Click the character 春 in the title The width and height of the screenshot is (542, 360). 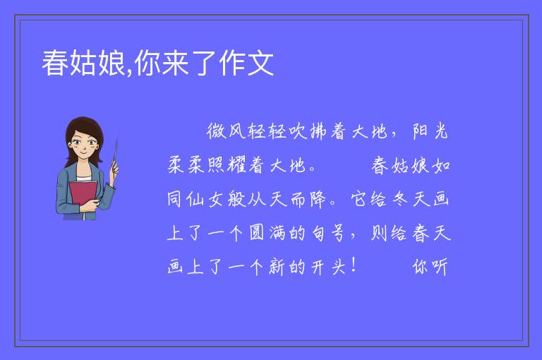(x=55, y=63)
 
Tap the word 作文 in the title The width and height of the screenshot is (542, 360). (x=246, y=63)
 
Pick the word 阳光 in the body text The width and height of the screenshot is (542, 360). (x=430, y=132)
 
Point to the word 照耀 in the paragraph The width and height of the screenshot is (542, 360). (x=227, y=165)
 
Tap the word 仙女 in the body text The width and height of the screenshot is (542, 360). (x=206, y=199)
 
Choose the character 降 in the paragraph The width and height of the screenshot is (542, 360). (x=318, y=199)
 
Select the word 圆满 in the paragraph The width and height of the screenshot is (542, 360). (x=267, y=233)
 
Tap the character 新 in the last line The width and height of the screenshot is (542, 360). (x=277, y=267)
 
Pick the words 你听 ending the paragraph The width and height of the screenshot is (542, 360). (x=430, y=267)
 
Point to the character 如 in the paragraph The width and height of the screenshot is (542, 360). (x=441, y=165)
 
